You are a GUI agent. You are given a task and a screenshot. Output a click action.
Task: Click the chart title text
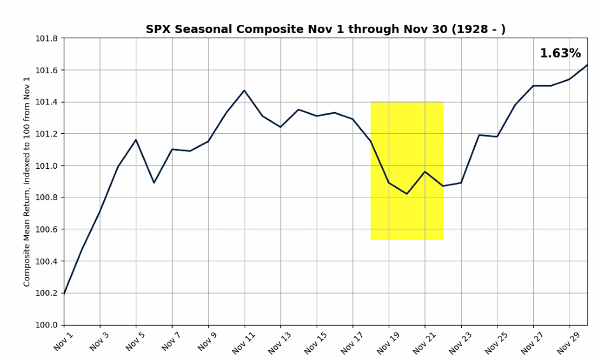[x=326, y=29]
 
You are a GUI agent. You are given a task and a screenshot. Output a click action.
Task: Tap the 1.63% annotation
[x=560, y=54]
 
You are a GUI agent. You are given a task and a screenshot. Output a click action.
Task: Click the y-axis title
[x=27, y=182]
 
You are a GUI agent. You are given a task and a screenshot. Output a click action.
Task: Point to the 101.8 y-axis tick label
[x=46, y=38]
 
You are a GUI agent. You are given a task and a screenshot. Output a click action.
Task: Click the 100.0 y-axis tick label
[x=46, y=325]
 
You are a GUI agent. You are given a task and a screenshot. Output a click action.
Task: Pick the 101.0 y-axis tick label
[x=46, y=166]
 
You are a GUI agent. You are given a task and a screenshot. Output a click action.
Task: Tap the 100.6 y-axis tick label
[x=46, y=229]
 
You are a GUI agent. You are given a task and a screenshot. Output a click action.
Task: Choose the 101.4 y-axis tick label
[x=46, y=102]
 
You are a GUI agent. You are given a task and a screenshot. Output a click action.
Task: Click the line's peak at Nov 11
[x=244, y=90]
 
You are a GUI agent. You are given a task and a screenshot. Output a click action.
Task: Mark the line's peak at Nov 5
[x=136, y=140]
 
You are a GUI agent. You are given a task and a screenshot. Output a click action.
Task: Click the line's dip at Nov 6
[x=154, y=183]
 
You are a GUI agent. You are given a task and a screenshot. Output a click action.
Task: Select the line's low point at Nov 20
[x=406, y=194]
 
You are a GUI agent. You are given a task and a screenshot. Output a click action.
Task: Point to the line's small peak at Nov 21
[x=425, y=171]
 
